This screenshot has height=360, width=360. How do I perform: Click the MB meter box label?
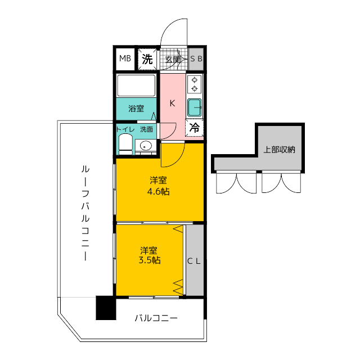click(x=125, y=58)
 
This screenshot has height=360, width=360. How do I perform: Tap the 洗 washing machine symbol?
click(x=147, y=59)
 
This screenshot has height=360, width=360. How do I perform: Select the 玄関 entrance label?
click(x=173, y=60)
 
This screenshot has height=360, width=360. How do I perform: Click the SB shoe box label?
click(x=196, y=58)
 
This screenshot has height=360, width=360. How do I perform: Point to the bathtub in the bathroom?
click(x=136, y=85)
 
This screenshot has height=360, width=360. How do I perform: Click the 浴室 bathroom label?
click(x=136, y=109)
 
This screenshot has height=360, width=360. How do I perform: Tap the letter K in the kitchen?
click(x=172, y=103)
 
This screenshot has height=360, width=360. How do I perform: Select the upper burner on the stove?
click(x=195, y=80)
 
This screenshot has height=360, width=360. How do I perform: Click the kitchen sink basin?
click(x=195, y=107)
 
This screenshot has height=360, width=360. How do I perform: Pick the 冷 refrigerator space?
click(x=194, y=128)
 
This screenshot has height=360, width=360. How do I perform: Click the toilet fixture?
click(x=125, y=145)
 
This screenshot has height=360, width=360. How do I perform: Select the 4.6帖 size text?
click(x=158, y=191)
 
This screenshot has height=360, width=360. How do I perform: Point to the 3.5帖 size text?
click(x=150, y=260)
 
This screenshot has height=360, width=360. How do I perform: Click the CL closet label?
click(x=194, y=261)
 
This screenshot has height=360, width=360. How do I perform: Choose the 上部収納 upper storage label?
click(x=279, y=150)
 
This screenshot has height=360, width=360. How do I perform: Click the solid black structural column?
click(x=106, y=308)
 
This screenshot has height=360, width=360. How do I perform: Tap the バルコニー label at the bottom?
click(x=156, y=318)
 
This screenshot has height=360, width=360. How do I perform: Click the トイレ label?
click(x=125, y=129)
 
